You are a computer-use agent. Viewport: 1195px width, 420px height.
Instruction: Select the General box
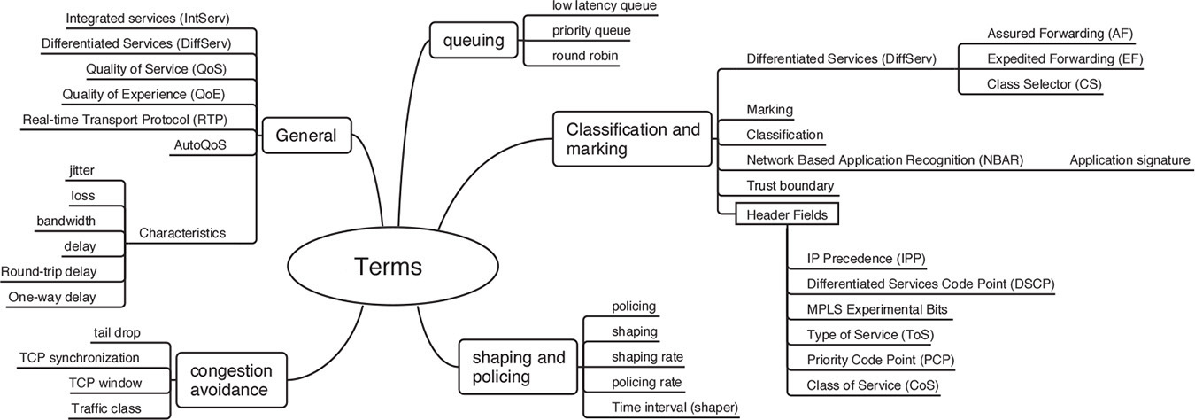click(x=306, y=136)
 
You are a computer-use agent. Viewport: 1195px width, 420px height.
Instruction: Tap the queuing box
click(x=466, y=39)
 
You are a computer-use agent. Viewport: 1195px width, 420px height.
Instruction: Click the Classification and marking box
click(x=632, y=139)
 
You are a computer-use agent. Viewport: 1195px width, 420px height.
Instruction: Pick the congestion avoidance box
click(x=231, y=380)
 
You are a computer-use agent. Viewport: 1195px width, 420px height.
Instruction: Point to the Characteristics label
click(x=182, y=233)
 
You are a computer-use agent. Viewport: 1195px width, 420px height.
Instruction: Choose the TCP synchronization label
click(x=80, y=357)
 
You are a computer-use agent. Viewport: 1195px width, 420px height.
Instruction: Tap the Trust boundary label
click(x=790, y=185)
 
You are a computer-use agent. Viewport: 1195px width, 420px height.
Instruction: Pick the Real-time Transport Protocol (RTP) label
click(x=138, y=119)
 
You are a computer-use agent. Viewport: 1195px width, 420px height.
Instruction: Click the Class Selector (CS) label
click(x=1044, y=84)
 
